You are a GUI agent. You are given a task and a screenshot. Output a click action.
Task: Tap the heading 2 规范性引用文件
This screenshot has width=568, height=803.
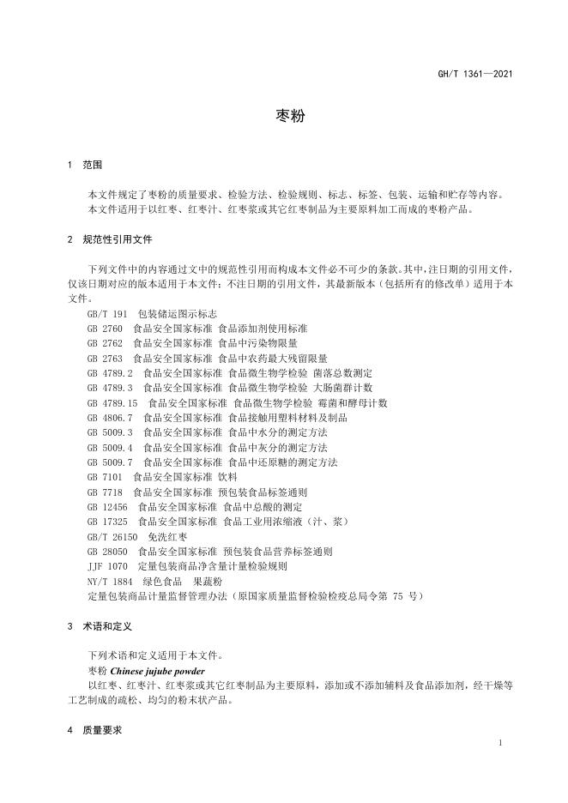click(x=109, y=239)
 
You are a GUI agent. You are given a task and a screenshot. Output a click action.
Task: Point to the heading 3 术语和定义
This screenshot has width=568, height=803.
click(x=99, y=627)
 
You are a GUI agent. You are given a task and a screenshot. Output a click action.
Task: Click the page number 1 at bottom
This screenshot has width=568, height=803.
click(x=499, y=744)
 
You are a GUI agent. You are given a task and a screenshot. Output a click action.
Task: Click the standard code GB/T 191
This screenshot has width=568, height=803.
click(x=107, y=314)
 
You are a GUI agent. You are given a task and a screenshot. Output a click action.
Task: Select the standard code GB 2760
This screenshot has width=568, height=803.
click(x=106, y=329)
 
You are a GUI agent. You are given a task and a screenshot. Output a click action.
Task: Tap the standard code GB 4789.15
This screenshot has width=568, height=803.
click(x=112, y=402)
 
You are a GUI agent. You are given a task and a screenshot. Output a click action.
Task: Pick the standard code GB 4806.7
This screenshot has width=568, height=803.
click(x=110, y=418)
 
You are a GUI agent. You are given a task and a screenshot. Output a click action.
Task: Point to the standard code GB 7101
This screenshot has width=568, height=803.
click(x=106, y=477)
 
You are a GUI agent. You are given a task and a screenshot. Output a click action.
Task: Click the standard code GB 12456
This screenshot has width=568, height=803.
click(x=107, y=507)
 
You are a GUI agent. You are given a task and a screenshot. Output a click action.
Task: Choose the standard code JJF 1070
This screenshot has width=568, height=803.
click(x=107, y=566)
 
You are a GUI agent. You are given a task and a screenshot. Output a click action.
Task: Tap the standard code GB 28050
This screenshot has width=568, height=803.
click(x=107, y=552)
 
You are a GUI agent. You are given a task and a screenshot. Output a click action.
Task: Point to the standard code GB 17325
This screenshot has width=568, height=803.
click(x=107, y=522)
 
